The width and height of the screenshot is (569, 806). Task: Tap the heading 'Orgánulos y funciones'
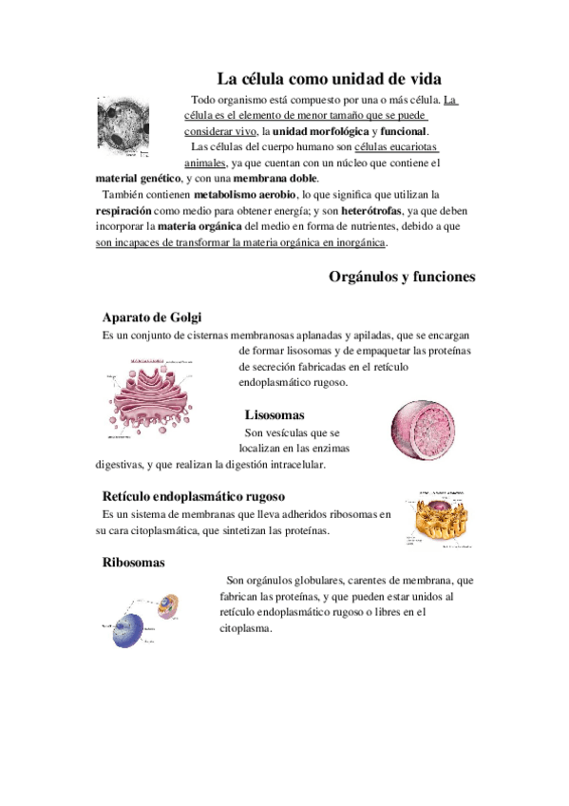(402, 277)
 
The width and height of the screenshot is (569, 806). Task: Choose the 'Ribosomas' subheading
(133, 563)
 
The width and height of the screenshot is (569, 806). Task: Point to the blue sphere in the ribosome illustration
(129, 631)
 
